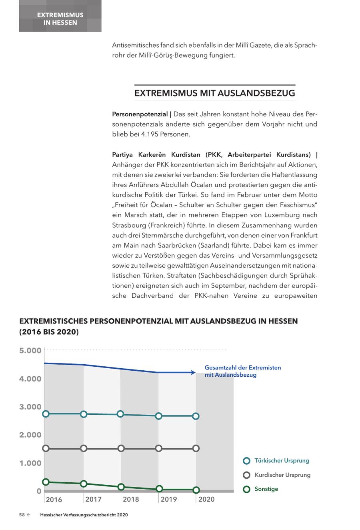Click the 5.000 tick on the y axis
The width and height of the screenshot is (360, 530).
[30, 351]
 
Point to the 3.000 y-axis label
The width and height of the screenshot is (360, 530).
[30, 407]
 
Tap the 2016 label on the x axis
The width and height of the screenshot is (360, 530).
[54, 499]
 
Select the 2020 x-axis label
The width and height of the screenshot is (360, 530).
[206, 499]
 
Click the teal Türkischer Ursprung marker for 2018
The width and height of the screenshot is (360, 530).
[120, 414]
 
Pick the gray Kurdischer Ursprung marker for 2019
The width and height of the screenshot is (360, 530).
[159, 448]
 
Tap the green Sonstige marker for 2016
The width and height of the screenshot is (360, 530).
[46, 482]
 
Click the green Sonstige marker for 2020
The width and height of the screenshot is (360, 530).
[196, 490]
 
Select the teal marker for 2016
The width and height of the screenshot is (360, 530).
[46, 414]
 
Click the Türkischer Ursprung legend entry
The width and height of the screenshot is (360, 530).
[281, 461]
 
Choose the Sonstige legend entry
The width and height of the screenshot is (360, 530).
[266, 489]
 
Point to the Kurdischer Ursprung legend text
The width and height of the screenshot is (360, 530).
[282, 475]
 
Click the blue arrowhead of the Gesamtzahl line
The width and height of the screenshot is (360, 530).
[193, 373]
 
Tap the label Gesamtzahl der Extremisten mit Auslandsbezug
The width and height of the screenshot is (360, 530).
[242, 371]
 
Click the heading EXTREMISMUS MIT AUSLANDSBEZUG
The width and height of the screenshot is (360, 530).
[215, 93]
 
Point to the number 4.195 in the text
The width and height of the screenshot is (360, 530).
[149, 134]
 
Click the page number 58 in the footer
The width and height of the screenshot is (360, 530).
[22, 515]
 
